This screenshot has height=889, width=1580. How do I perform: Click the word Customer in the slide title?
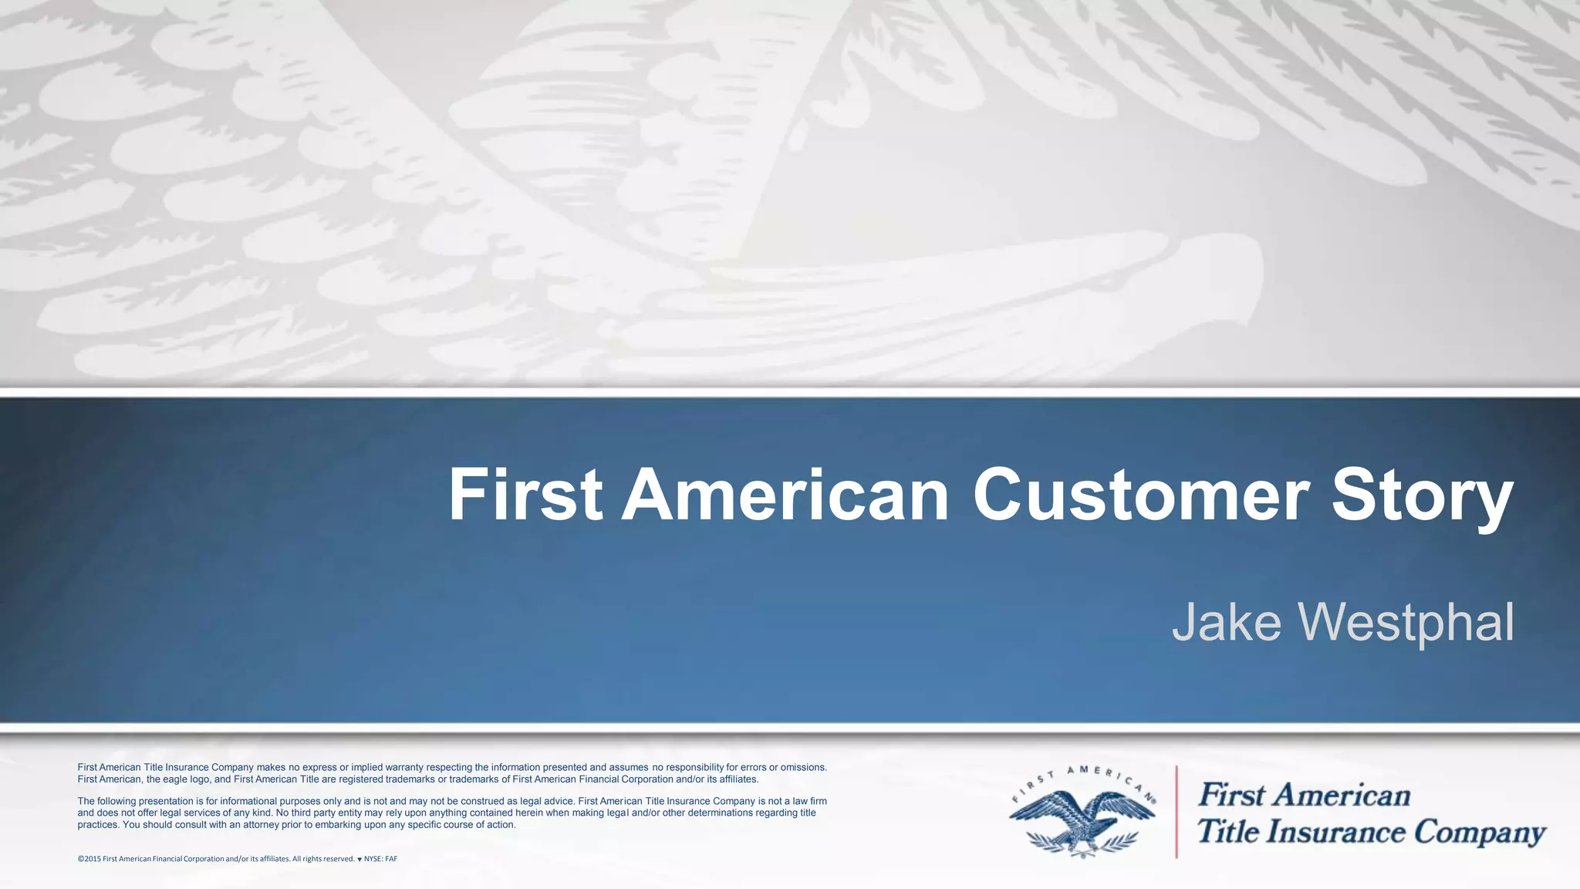click(x=1140, y=495)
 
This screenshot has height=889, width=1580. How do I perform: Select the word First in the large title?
click(x=525, y=495)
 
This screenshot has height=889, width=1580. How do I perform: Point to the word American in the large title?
click(x=785, y=495)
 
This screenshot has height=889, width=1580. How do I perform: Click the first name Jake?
click(x=1226, y=622)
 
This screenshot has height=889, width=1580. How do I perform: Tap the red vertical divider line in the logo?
click(x=1177, y=812)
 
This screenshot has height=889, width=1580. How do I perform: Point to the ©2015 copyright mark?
click(x=89, y=859)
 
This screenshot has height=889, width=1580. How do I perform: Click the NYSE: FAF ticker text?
click(x=380, y=859)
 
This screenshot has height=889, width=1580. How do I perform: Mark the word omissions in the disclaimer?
click(x=803, y=767)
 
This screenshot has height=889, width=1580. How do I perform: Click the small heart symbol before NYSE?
click(x=360, y=859)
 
